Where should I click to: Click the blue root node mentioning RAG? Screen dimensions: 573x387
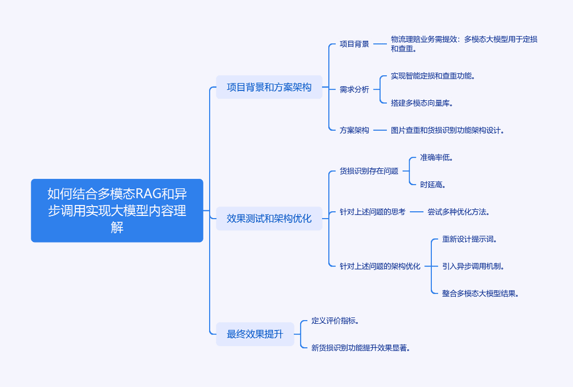[117, 210]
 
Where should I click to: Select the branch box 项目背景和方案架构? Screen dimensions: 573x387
[269, 87]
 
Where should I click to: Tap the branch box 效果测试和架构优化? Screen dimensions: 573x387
[269, 218]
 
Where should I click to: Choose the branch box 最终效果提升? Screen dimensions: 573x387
[255, 334]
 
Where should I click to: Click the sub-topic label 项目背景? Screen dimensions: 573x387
[354, 44]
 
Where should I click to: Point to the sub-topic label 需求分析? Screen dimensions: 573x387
[354, 89]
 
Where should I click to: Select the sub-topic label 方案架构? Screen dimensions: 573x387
[354, 130]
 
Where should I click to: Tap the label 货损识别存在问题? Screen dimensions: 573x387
[369, 171]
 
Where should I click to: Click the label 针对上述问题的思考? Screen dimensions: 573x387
[372, 211]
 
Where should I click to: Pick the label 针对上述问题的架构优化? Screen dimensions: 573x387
[380, 266]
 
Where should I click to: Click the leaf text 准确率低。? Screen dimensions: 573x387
[436, 157]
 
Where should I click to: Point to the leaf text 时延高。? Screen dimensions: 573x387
[433, 184]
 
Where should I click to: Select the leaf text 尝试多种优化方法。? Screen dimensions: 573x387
[458, 211]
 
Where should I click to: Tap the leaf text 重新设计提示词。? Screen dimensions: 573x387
[469, 239]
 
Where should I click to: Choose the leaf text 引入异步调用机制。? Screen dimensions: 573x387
[473, 266]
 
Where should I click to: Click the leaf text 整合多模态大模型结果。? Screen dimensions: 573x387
[480, 293]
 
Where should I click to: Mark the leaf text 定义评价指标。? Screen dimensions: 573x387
[335, 321]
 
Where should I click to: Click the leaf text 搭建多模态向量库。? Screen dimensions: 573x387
[422, 103]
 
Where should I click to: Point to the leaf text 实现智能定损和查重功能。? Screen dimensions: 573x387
[433, 76]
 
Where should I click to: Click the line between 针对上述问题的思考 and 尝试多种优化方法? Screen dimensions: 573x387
[416, 211]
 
